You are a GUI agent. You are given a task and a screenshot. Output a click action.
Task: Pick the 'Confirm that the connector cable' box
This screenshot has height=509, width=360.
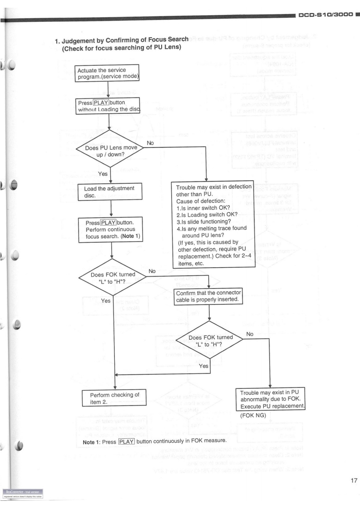[208, 296]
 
